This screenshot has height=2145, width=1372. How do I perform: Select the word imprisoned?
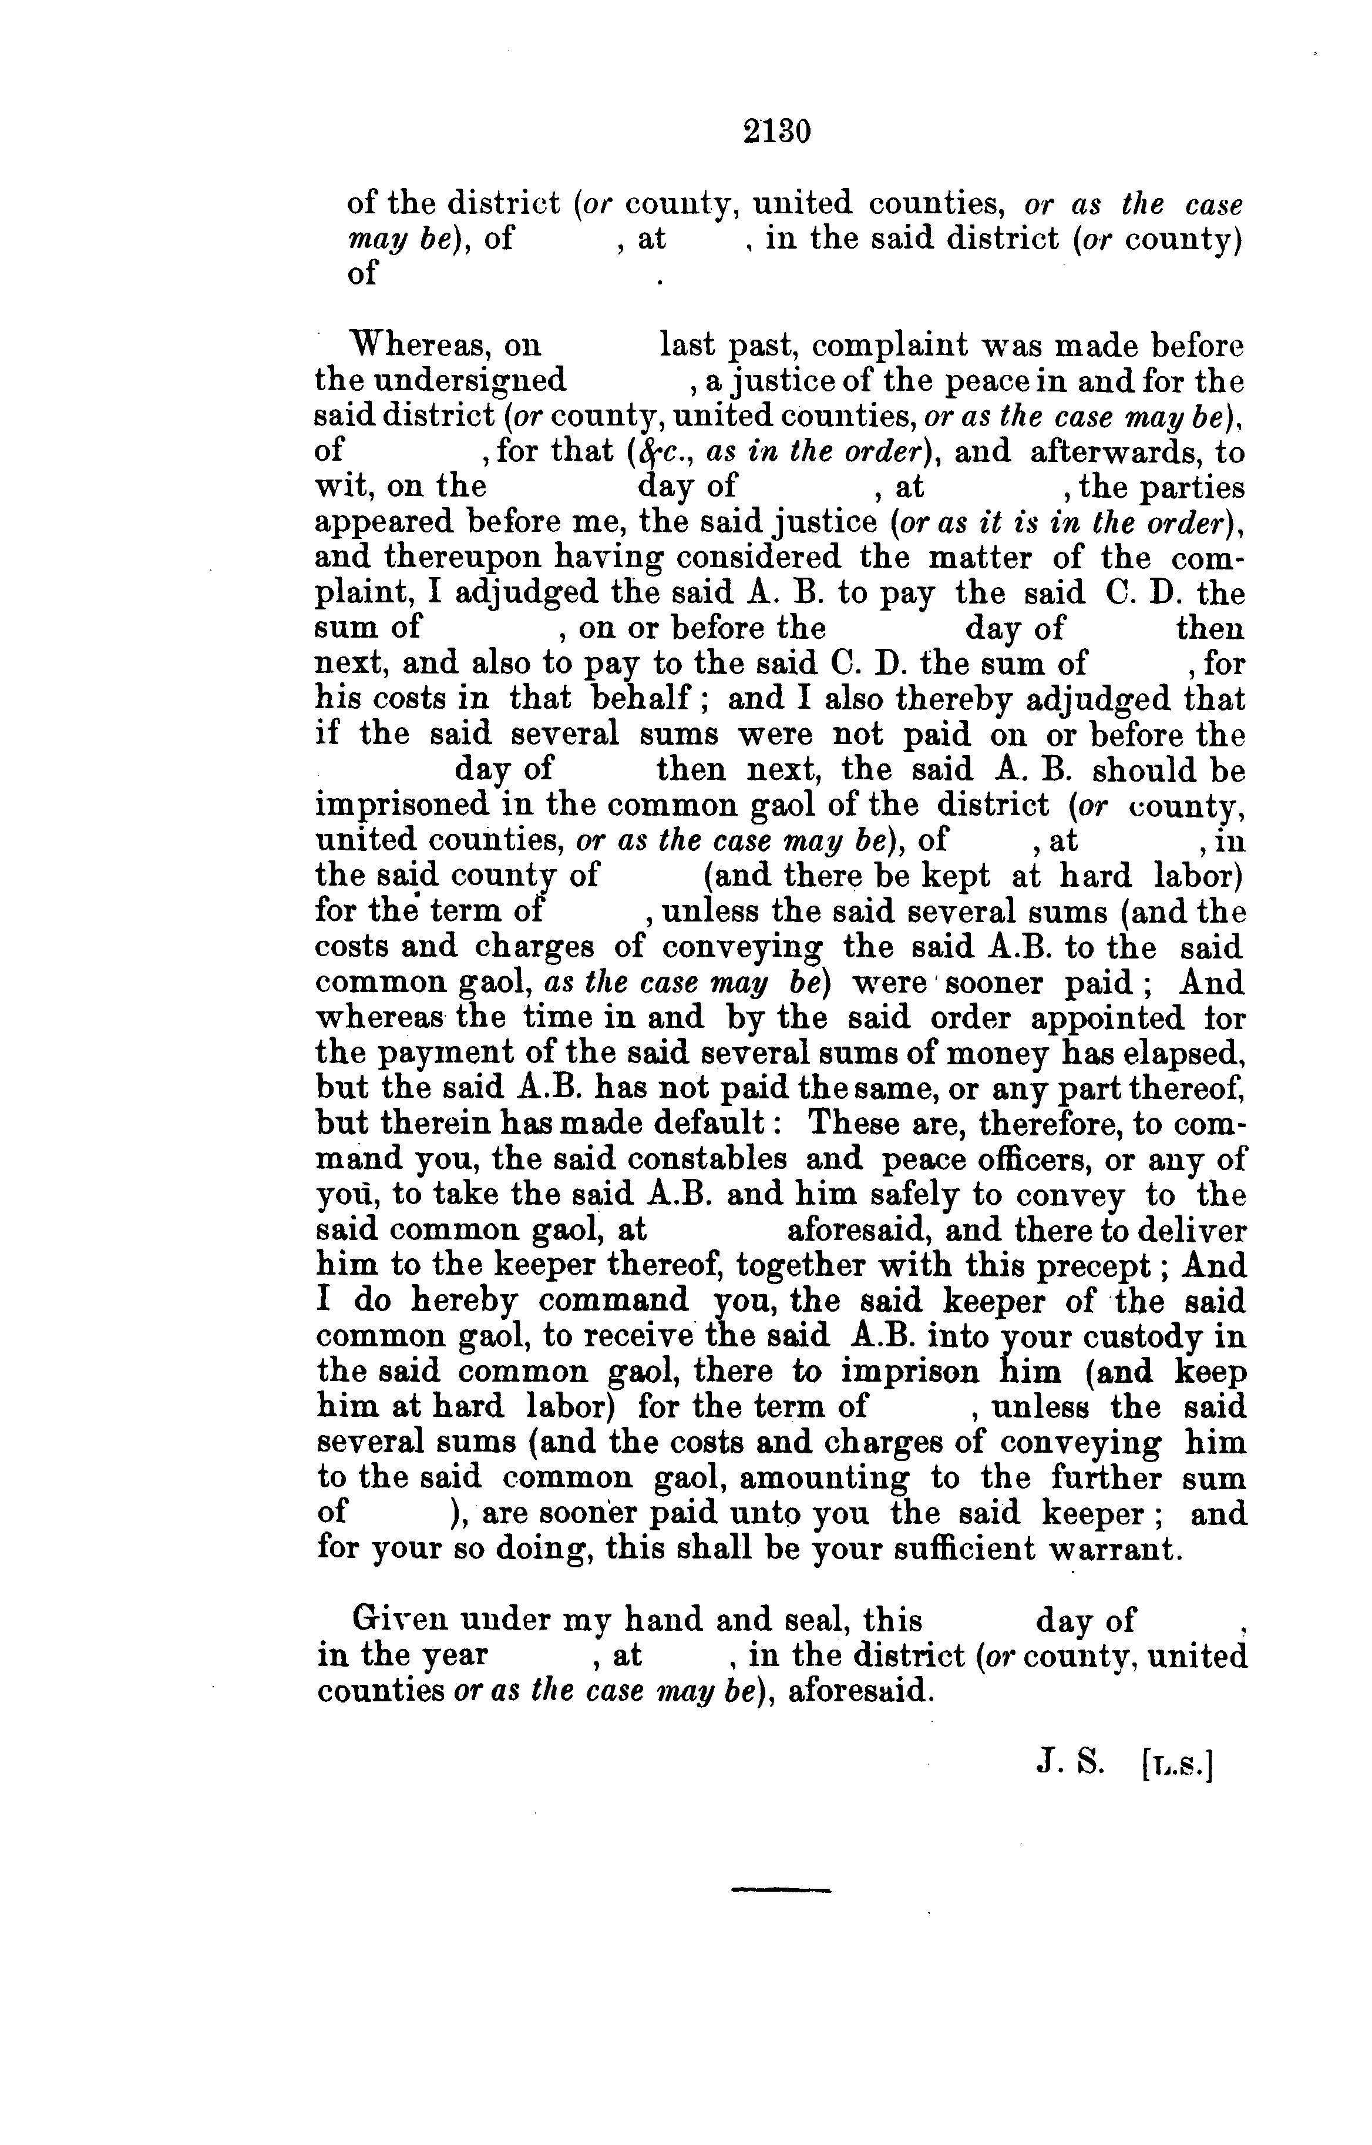tap(402, 805)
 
